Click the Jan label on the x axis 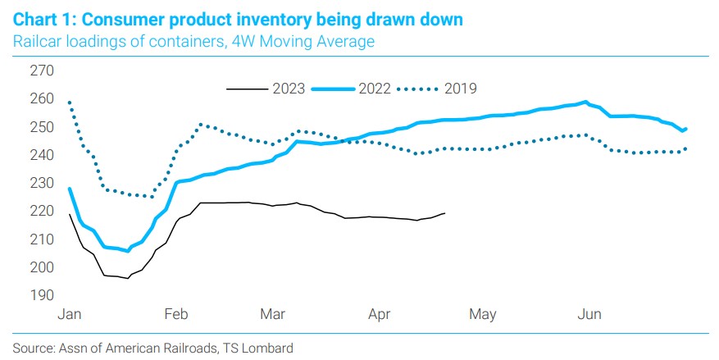70,314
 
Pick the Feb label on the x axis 177,314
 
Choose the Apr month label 379,314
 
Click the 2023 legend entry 289,88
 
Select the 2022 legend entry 375,88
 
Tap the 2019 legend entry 460,88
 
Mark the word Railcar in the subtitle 36,41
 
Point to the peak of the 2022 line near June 585,103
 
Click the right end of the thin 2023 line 444,213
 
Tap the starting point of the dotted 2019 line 69,102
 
